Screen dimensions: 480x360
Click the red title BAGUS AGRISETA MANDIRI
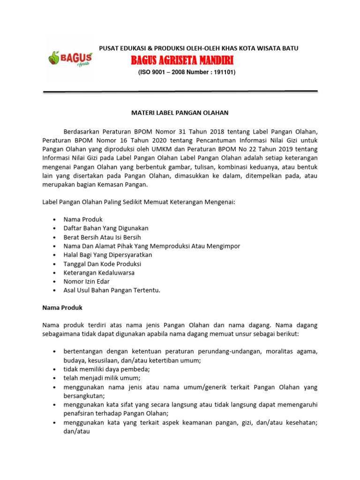[182, 60]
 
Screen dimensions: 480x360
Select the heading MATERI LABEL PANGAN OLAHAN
[179, 113]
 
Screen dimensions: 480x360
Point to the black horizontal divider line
[180, 91]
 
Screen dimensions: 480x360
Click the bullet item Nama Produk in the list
[83, 219]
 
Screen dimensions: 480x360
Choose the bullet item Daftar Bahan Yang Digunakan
[106, 228]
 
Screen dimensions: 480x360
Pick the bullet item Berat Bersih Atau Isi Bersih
[102, 237]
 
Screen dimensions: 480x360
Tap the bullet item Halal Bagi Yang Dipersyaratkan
[108, 255]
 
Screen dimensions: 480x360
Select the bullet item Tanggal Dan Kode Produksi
[102, 264]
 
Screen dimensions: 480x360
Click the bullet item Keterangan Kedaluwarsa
[99, 273]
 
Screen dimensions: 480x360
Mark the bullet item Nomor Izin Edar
[87, 281]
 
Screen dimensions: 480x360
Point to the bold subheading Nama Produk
[62, 308]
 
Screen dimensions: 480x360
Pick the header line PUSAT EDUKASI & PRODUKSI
[198, 48]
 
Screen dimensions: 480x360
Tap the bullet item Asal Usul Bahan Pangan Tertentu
[112, 290]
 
